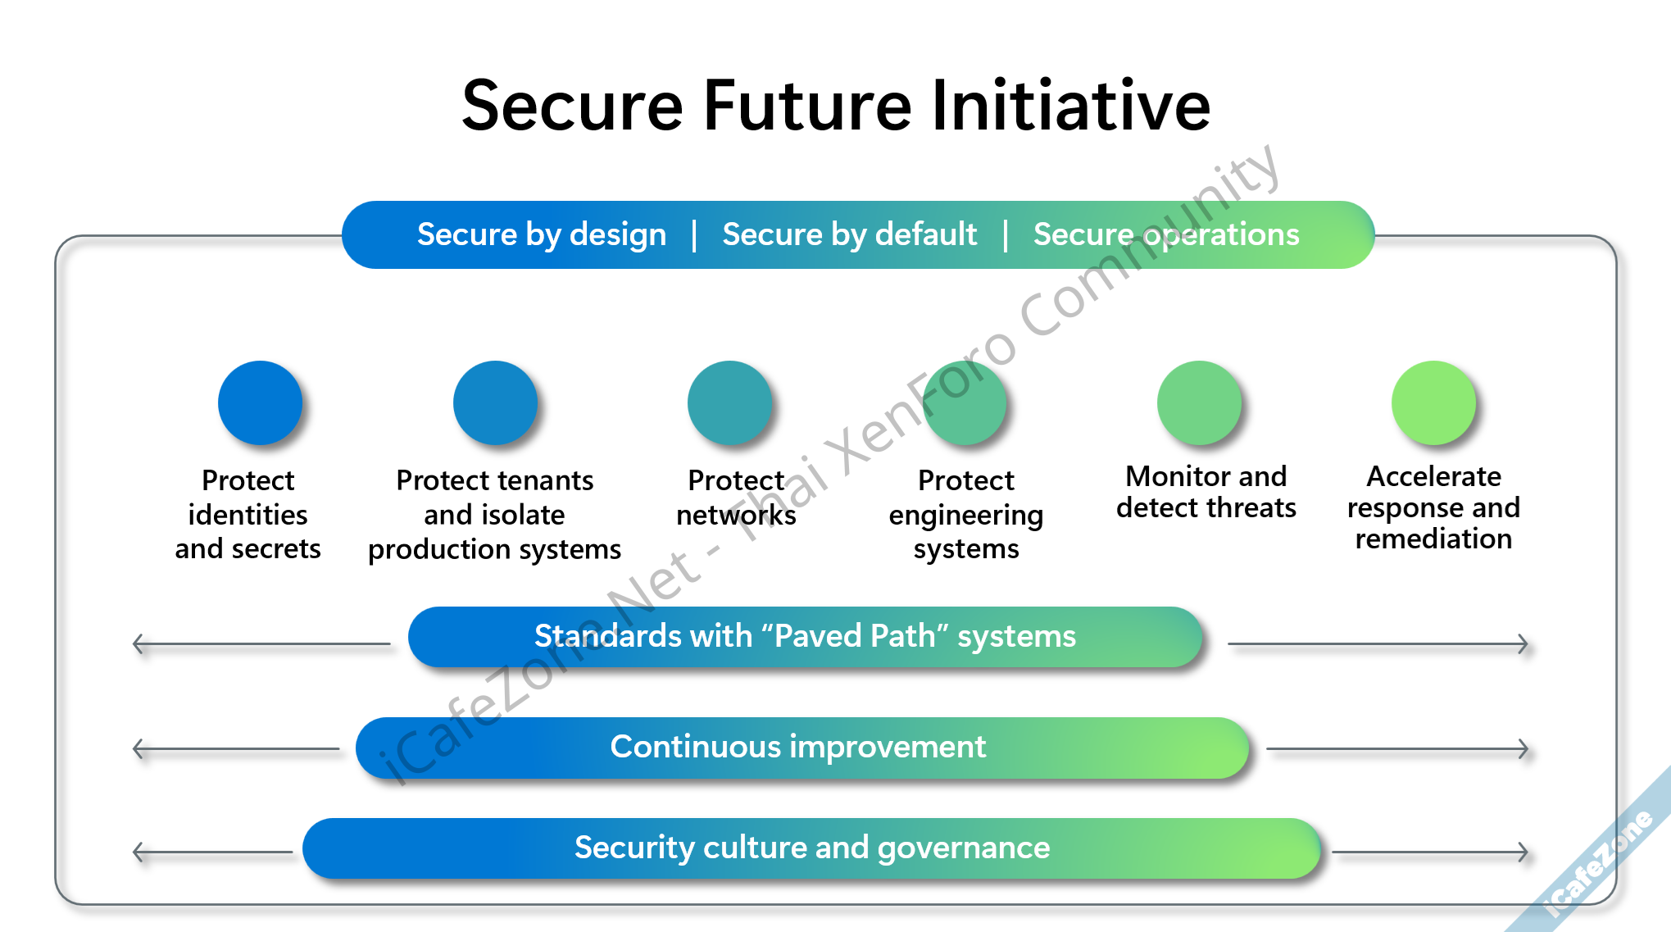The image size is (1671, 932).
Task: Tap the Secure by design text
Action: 542,235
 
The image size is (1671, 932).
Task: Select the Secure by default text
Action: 849,235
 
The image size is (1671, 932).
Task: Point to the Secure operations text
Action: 1166,235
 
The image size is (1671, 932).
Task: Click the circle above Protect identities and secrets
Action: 261,402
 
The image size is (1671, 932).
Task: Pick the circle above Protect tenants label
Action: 495,402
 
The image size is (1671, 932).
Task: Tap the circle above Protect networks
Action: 729,402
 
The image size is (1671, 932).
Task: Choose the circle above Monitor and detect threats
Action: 1199,402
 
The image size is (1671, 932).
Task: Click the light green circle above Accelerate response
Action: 1433,402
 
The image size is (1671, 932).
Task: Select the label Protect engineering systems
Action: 966,515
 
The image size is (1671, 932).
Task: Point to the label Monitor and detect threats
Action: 1206,492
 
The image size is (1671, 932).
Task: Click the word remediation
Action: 1433,539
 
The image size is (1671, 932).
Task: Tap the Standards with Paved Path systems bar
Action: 805,637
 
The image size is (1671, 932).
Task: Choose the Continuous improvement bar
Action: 802,748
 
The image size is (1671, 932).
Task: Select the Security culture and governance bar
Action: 811,848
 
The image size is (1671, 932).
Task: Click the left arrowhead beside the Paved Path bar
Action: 138,644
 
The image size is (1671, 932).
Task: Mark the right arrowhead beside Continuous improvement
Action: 1523,749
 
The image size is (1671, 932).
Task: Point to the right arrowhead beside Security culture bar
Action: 1523,852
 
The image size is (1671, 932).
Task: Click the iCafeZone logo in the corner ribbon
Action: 1599,864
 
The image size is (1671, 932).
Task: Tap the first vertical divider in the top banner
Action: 694,235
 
